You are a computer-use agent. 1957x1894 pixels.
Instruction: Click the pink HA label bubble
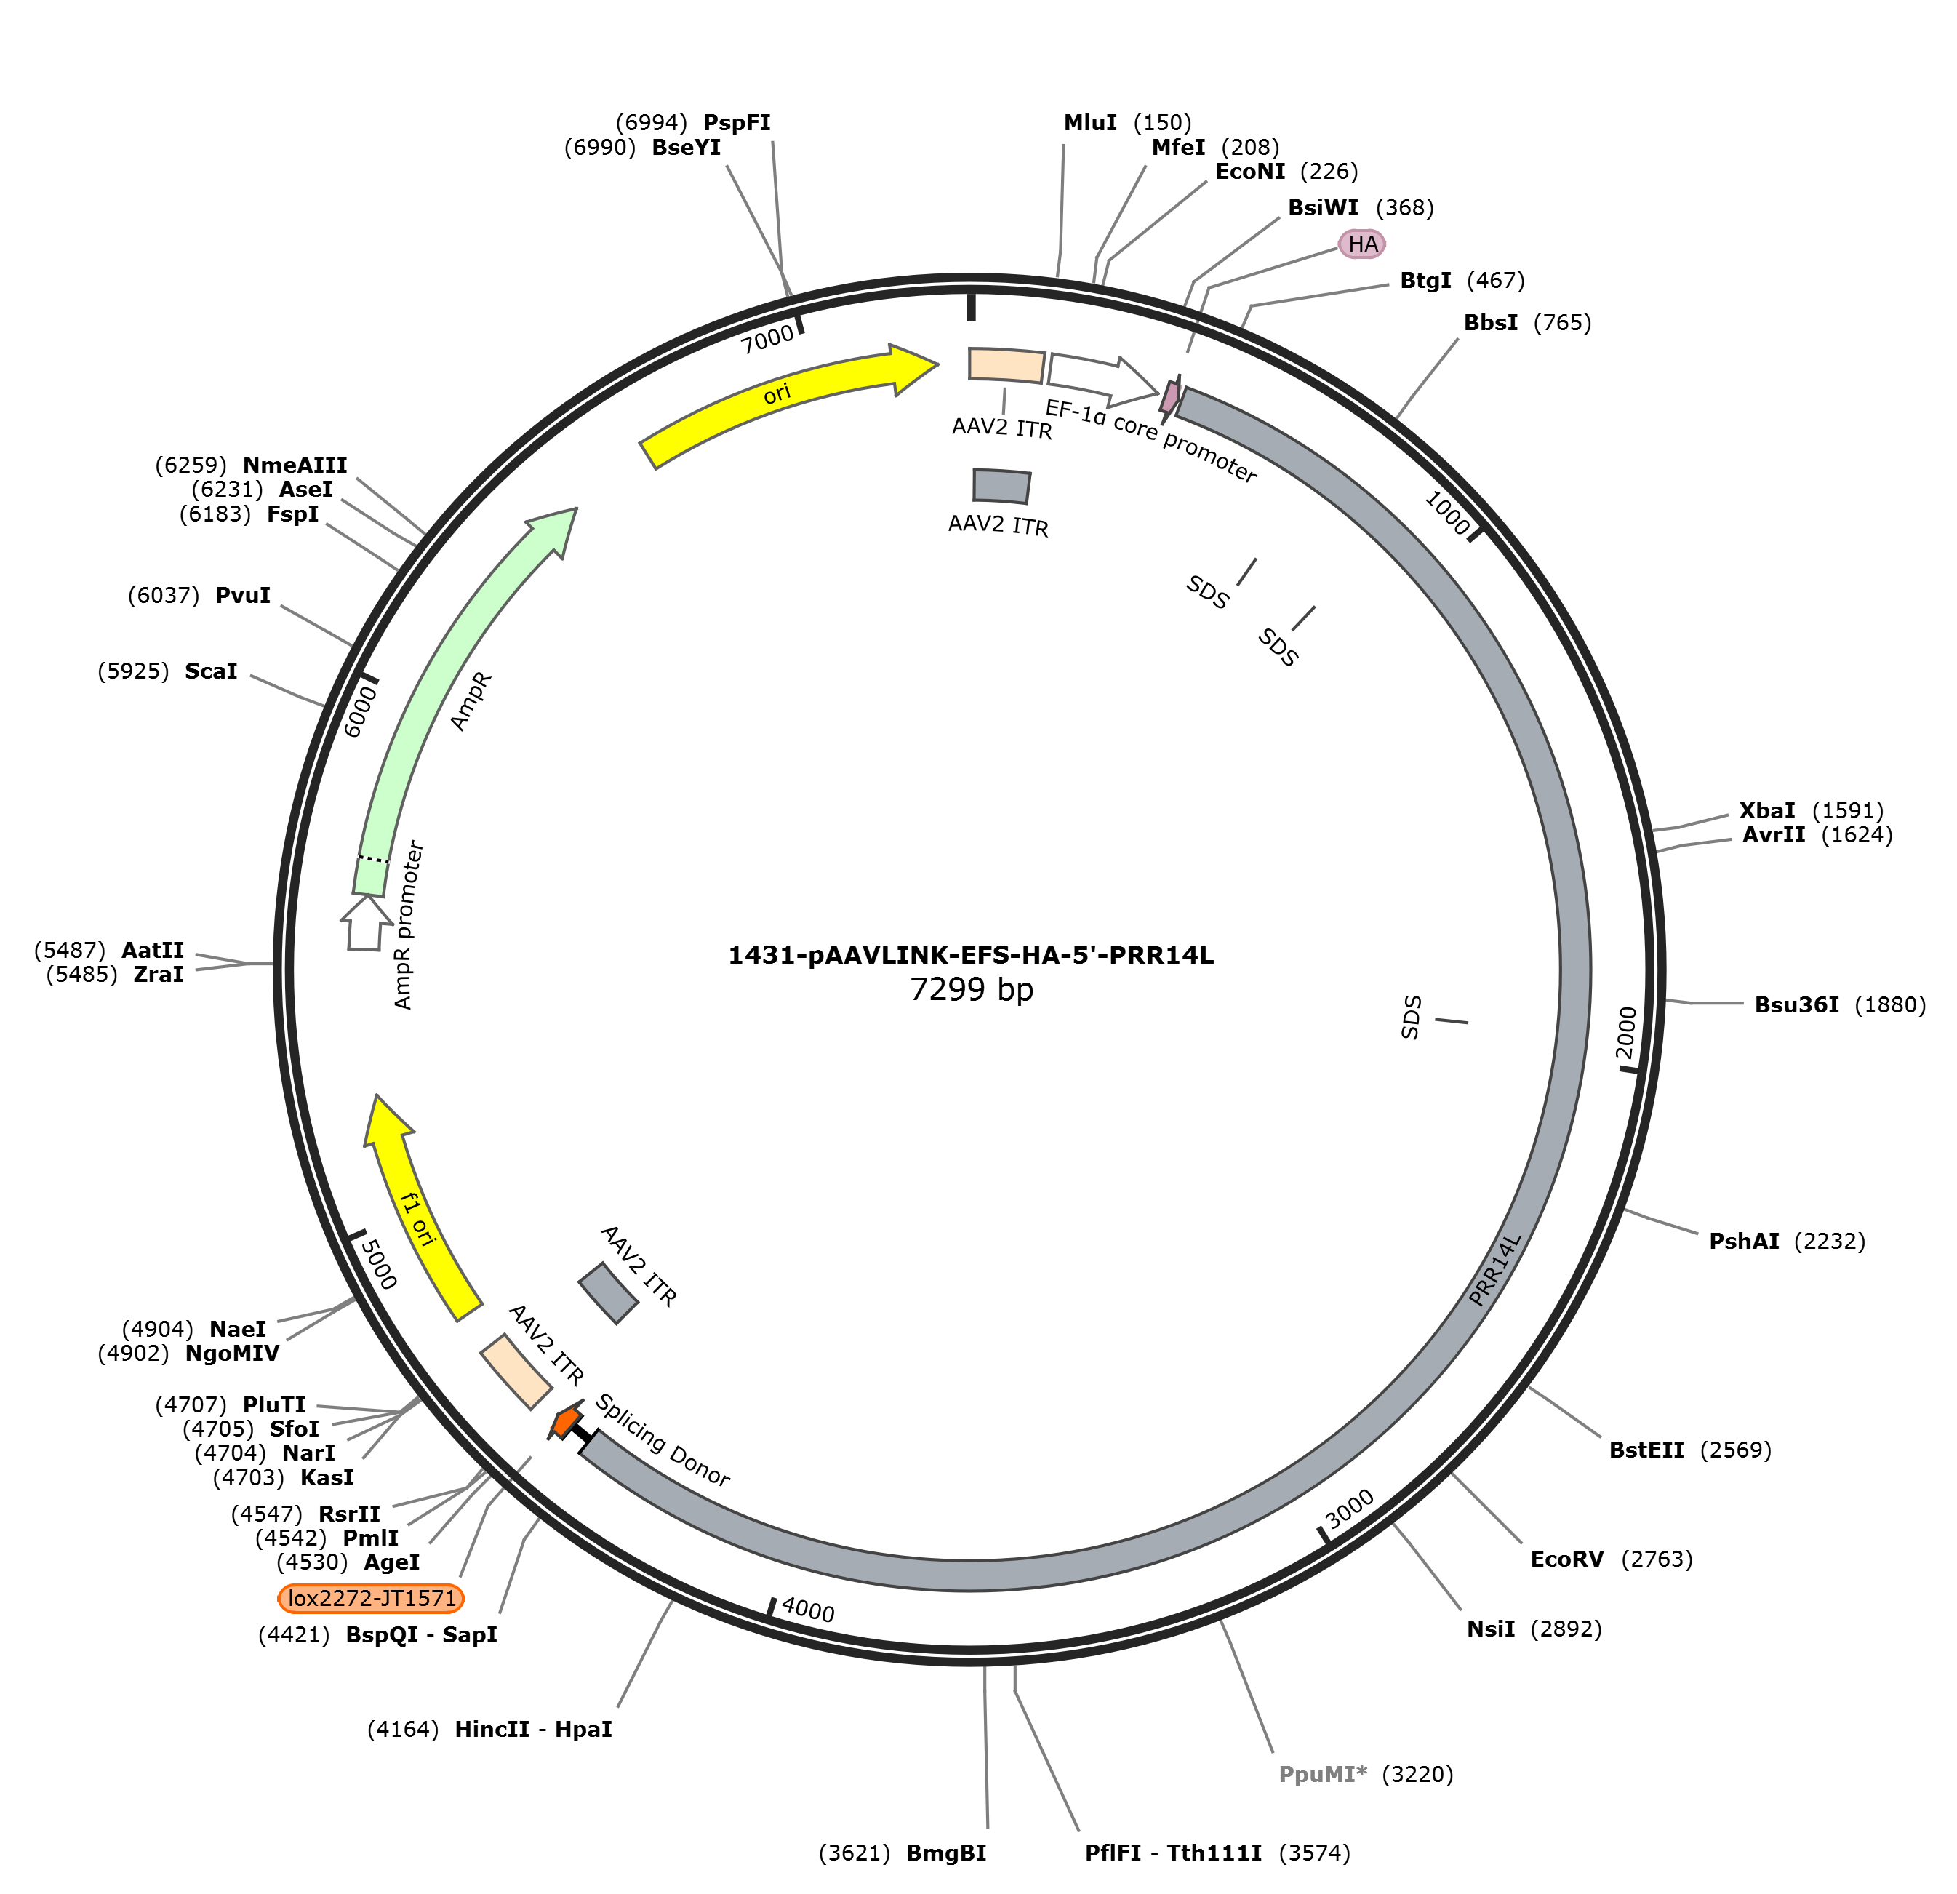(1362, 244)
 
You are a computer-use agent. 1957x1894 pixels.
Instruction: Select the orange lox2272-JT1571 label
(372, 1599)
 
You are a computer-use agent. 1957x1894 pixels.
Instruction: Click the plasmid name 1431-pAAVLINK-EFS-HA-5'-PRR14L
(971, 956)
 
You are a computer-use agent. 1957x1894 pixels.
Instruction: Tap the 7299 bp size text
(972, 989)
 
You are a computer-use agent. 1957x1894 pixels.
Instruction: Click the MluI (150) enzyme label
(1127, 123)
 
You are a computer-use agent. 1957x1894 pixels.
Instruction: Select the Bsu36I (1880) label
(1840, 1004)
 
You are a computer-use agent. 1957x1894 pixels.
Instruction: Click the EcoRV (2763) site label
(1612, 1559)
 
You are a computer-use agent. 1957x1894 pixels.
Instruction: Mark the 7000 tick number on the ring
(767, 340)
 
